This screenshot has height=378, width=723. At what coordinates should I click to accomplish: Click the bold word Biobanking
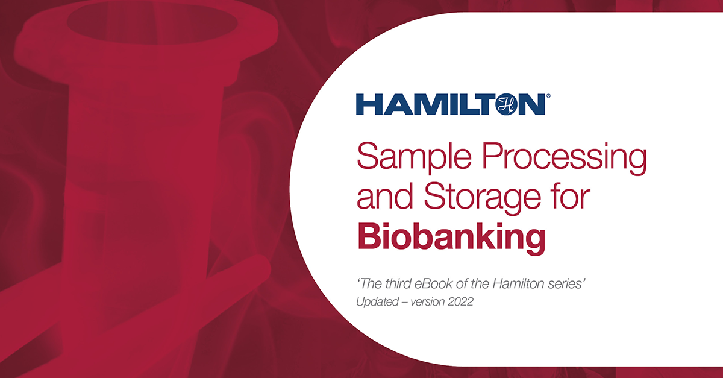pos(451,236)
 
